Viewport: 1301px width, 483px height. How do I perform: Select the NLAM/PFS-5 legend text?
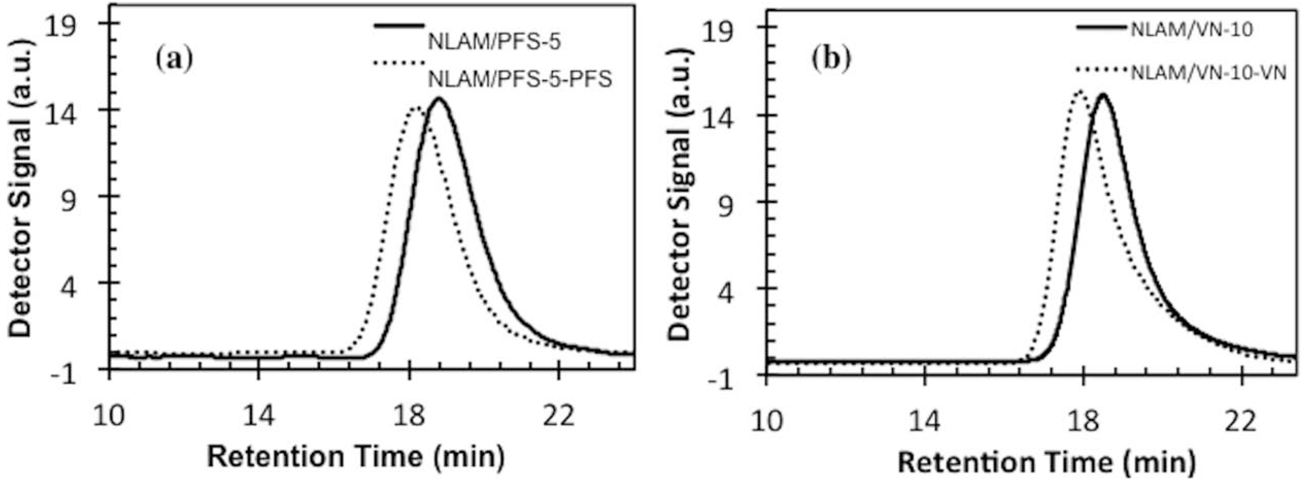coord(494,42)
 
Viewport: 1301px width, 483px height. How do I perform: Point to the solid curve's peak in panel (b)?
coord(1102,94)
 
